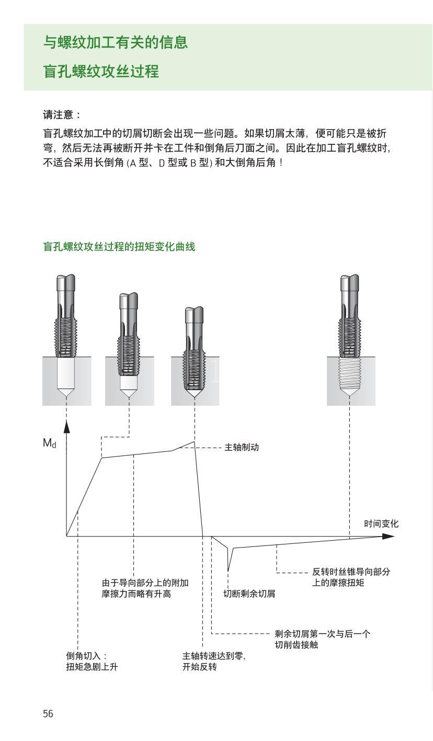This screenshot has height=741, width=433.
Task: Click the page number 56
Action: tap(48, 714)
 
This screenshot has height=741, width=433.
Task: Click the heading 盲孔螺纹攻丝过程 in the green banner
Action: tap(101, 71)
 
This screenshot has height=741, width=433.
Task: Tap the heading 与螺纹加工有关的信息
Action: tap(115, 42)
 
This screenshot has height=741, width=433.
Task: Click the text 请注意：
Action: tap(62, 115)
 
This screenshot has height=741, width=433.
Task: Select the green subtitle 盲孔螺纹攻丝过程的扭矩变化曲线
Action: tap(119, 247)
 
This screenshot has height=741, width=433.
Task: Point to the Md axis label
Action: tap(49, 443)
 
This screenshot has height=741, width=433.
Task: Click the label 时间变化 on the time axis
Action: tap(381, 523)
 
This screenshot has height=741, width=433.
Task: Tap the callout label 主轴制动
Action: tap(242, 448)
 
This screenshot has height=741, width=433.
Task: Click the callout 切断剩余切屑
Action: tap(249, 594)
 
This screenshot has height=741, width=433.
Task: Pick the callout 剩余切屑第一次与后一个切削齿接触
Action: tap(322, 639)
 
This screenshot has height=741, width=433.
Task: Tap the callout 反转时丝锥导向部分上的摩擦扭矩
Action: tap(351, 577)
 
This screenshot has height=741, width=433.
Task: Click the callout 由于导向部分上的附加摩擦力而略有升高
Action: tap(145, 588)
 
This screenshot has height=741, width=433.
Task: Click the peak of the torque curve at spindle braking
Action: tap(194, 442)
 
